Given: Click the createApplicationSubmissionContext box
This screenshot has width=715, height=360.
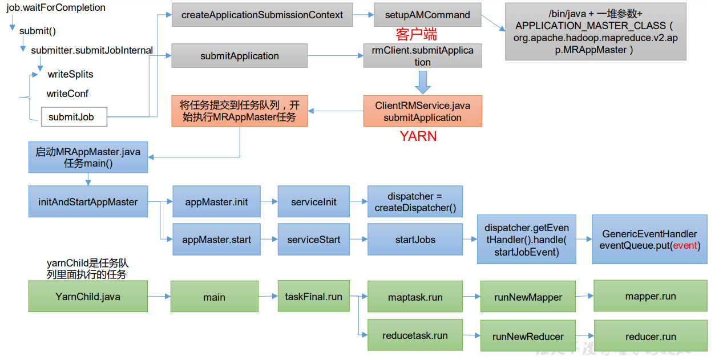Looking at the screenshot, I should [x=262, y=15].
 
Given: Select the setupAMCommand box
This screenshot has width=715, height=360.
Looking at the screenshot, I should [x=427, y=15].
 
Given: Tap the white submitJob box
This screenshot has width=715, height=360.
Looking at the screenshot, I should [x=74, y=117].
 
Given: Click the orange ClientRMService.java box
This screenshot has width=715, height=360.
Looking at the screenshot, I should [x=422, y=111].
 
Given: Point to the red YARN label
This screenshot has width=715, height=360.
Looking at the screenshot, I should [x=418, y=136].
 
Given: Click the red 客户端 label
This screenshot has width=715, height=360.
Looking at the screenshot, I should [x=416, y=34].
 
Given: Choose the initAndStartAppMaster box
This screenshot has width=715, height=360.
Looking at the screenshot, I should [x=88, y=201].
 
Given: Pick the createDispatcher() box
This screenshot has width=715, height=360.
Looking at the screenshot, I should [x=415, y=201].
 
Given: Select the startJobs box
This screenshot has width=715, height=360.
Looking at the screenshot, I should [x=415, y=240].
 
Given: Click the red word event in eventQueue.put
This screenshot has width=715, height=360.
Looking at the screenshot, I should [x=685, y=245].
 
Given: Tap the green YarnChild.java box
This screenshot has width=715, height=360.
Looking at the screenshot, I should [x=88, y=296].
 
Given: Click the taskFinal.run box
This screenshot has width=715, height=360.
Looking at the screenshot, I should [x=313, y=296].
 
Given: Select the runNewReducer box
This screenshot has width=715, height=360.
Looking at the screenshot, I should [x=528, y=336].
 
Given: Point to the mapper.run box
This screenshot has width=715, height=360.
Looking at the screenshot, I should [x=650, y=296].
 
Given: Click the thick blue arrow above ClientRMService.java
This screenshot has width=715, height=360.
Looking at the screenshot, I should [x=422, y=82].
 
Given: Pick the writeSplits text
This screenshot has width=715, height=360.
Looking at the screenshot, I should [x=70, y=74].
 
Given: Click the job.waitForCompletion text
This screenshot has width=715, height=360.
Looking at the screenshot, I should [x=56, y=8].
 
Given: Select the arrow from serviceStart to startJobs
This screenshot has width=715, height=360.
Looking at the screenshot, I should [x=358, y=240].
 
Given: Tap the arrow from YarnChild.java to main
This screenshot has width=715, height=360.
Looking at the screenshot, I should [x=159, y=296].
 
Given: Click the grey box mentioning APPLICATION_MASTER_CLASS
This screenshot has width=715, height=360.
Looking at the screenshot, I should [x=595, y=31].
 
